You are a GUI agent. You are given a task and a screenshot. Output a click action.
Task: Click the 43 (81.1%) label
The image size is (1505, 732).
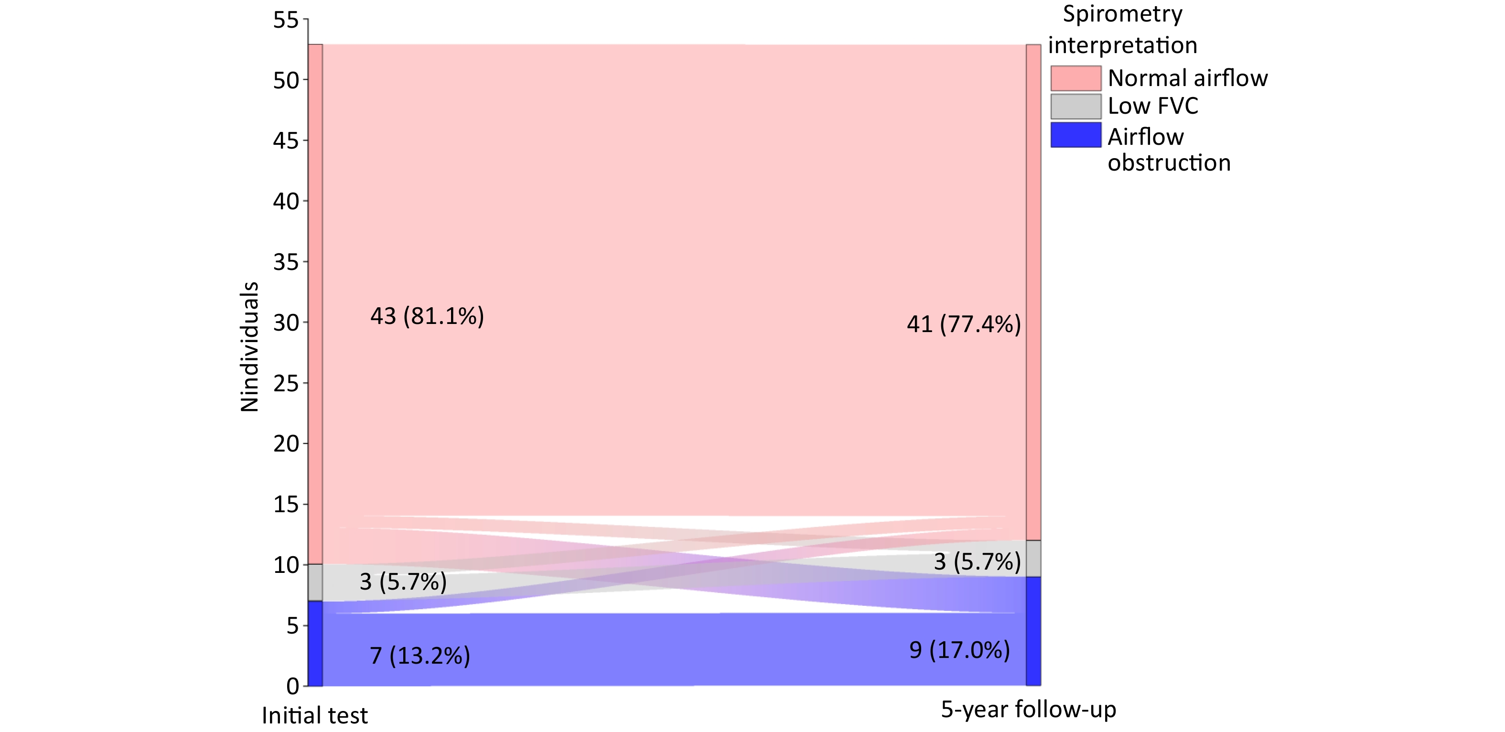pyautogui.click(x=427, y=316)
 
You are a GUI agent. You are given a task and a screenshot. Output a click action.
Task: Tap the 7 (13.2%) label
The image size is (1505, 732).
pyautogui.click(x=419, y=656)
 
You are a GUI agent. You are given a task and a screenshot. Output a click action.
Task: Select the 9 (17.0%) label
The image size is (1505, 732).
pyautogui.click(x=959, y=650)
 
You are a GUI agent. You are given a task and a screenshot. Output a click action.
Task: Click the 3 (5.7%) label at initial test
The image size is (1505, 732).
pyautogui.click(x=403, y=581)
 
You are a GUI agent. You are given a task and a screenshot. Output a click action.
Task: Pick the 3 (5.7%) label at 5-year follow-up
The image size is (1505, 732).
pyautogui.click(x=977, y=561)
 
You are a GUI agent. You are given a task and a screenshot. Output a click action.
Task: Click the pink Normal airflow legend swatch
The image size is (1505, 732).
pyautogui.click(x=1075, y=78)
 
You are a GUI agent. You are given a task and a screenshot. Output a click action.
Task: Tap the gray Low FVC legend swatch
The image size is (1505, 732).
pyautogui.click(x=1075, y=107)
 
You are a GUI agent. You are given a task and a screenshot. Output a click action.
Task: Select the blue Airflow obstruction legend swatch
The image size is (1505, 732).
pyautogui.click(x=1075, y=134)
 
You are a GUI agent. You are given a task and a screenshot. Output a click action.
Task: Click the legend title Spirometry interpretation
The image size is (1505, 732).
pyautogui.click(x=1122, y=29)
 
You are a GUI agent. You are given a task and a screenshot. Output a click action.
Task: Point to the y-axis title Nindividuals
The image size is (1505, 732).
pyautogui.click(x=249, y=347)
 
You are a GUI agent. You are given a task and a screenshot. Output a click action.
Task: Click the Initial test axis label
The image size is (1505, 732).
pyautogui.click(x=314, y=715)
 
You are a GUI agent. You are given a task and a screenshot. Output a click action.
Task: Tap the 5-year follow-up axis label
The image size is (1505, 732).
pyautogui.click(x=1028, y=709)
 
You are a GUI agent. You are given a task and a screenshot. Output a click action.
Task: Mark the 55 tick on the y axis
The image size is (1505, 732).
pyautogui.click(x=286, y=21)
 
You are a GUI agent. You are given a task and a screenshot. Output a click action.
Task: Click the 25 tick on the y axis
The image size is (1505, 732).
pyautogui.click(x=286, y=384)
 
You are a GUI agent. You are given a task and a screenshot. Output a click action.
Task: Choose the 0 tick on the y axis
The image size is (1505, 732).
pyautogui.click(x=292, y=686)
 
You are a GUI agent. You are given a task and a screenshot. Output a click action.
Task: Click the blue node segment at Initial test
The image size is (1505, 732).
pyautogui.click(x=315, y=643)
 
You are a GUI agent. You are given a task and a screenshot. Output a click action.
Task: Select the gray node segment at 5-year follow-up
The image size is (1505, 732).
pyautogui.click(x=1033, y=559)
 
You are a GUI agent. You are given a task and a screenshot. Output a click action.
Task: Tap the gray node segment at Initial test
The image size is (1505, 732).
pyautogui.click(x=315, y=582)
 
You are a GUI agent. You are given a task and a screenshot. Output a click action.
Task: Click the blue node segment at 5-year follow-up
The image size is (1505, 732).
pyautogui.click(x=1033, y=631)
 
